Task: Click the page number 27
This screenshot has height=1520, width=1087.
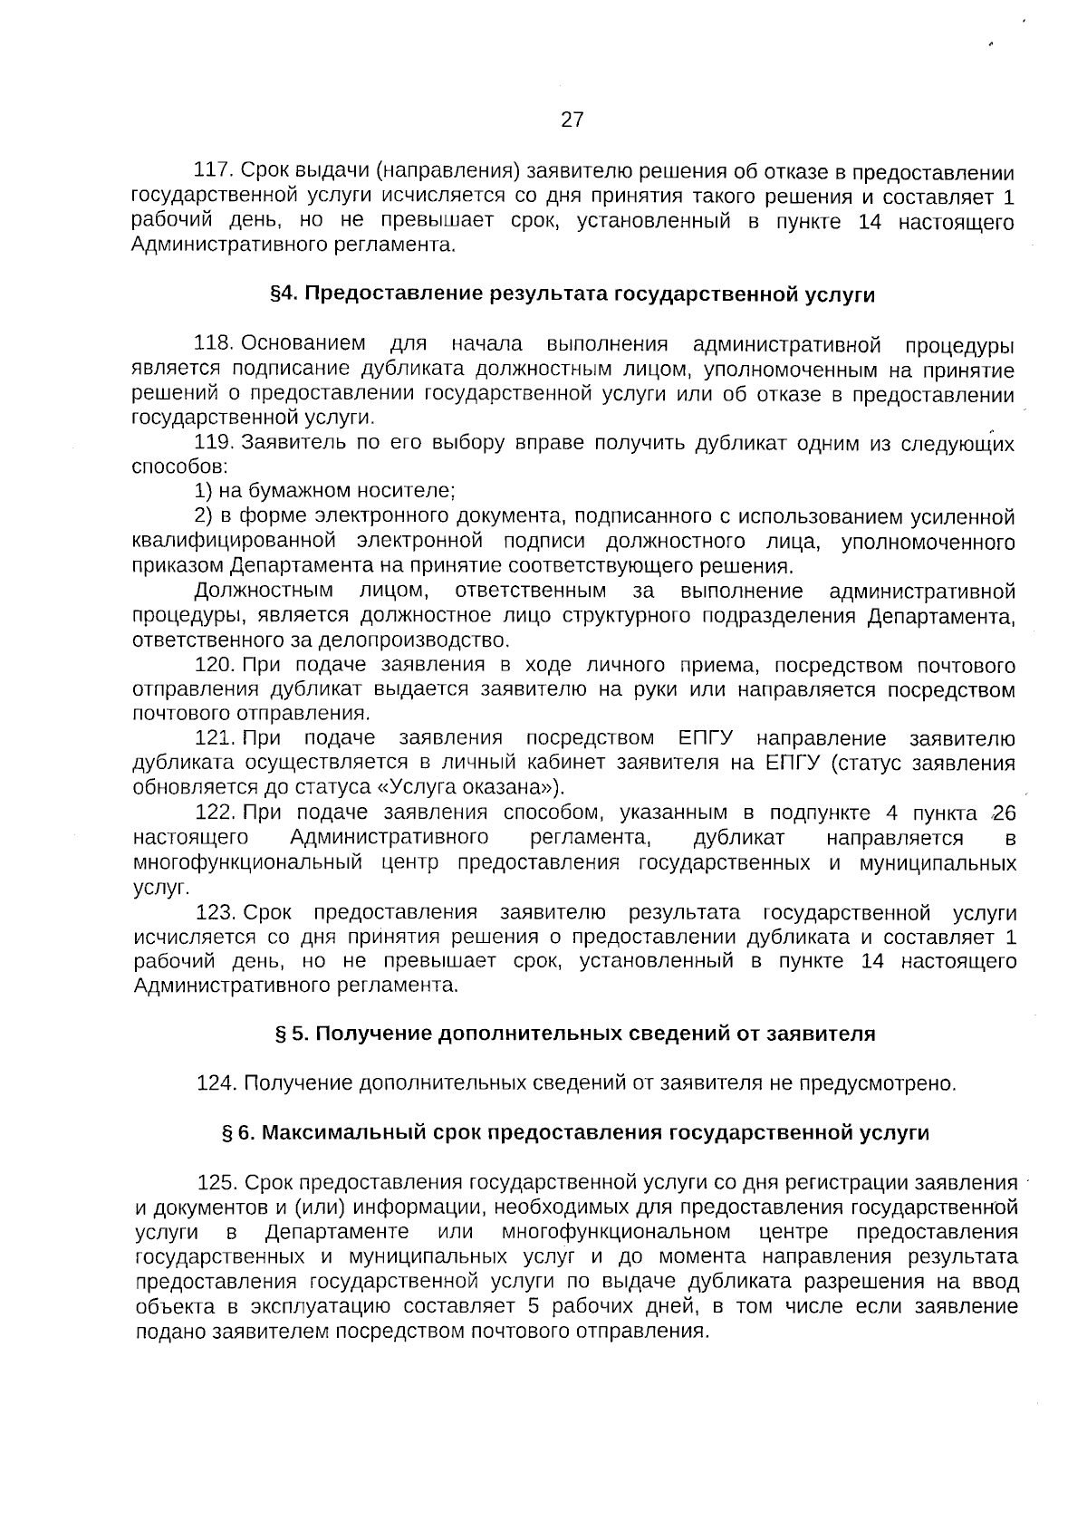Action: click(x=572, y=120)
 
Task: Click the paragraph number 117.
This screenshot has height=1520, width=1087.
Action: click(x=215, y=172)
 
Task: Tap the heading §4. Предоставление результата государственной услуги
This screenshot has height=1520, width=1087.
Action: click(x=572, y=295)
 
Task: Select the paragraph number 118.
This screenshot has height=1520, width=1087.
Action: click(x=215, y=345)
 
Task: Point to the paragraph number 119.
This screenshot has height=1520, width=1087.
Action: click(x=215, y=444)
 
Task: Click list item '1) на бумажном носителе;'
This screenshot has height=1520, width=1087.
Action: click(x=324, y=492)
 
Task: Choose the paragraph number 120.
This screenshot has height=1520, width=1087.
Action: click(x=215, y=667)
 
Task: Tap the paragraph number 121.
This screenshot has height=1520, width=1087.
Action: click(x=215, y=739)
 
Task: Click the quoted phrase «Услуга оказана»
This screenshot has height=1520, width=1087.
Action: click(x=472, y=786)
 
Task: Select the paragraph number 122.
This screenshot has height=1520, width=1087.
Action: click(x=215, y=813)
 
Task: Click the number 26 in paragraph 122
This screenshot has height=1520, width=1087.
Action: click(x=1004, y=813)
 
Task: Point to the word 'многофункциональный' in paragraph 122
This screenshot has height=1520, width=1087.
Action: click(x=247, y=862)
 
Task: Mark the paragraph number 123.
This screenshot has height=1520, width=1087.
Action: click(x=215, y=912)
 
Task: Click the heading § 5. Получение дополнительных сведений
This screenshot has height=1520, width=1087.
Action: click(x=574, y=1034)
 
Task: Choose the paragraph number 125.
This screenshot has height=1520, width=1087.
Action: click(x=217, y=1183)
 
